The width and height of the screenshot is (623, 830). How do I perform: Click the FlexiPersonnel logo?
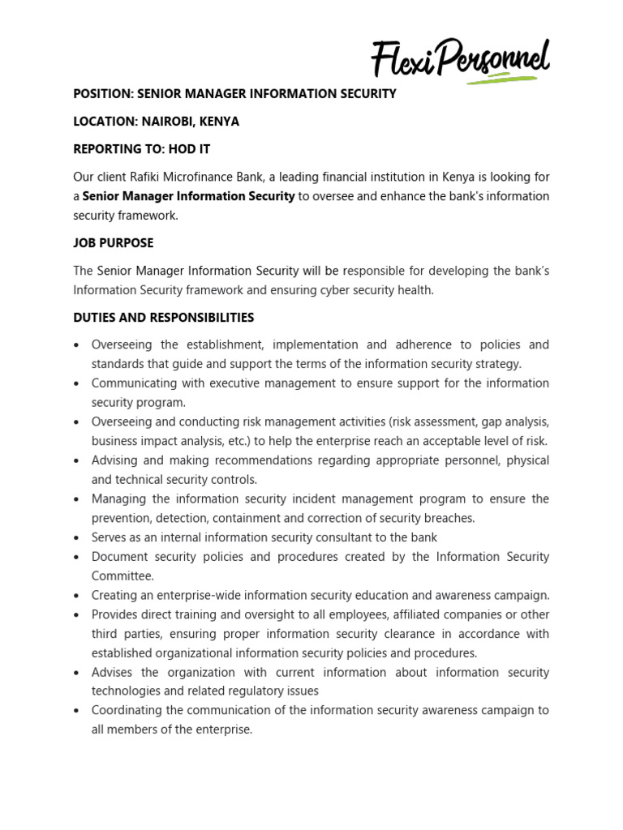click(x=460, y=58)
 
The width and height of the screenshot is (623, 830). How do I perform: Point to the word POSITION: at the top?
click(x=101, y=94)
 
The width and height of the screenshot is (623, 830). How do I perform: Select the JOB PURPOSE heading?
click(x=113, y=243)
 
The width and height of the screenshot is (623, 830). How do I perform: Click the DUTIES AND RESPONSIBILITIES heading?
click(x=163, y=318)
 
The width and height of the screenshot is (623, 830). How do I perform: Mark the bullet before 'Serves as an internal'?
click(x=76, y=538)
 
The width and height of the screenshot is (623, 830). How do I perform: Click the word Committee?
click(x=121, y=575)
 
